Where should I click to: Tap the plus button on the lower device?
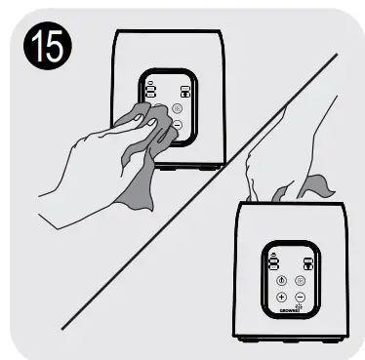(x=281, y=296)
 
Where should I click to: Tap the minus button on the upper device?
(x=177, y=125)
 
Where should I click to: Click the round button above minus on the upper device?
(x=177, y=109)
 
